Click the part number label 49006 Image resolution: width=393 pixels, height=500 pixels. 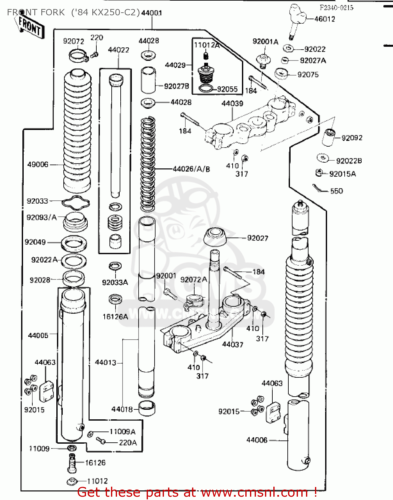pyautogui.click(x=38, y=164)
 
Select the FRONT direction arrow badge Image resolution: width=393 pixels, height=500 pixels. pyautogui.click(x=30, y=27)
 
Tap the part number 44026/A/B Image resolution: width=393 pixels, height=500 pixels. pyautogui.click(x=191, y=169)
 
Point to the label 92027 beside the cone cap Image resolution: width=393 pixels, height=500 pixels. pyautogui.click(x=257, y=238)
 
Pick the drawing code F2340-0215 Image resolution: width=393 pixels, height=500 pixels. pyautogui.click(x=336, y=8)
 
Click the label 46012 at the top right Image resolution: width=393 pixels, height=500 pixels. pyautogui.click(x=325, y=19)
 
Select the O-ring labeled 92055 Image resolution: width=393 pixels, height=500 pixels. pyautogui.click(x=206, y=89)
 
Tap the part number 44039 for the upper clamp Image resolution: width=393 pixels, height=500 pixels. pyautogui.click(x=232, y=104)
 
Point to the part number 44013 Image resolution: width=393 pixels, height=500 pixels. pyautogui.click(x=105, y=362)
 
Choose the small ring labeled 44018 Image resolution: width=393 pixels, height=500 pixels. pyautogui.click(x=146, y=408)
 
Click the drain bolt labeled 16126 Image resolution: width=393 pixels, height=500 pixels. pyautogui.click(x=72, y=463)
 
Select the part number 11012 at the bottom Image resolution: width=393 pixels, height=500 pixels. pyautogui.click(x=97, y=481)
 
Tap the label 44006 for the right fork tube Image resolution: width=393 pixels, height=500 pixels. pyautogui.click(x=257, y=440)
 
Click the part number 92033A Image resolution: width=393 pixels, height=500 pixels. pyautogui.click(x=115, y=282)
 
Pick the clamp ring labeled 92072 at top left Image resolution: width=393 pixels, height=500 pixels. pyautogui.click(x=79, y=55)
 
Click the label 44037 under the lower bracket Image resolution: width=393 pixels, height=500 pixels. pyautogui.click(x=232, y=344)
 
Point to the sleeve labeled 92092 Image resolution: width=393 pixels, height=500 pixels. pyautogui.click(x=329, y=137)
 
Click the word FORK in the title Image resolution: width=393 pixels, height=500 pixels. pyautogui.click(x=53, y=12)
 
